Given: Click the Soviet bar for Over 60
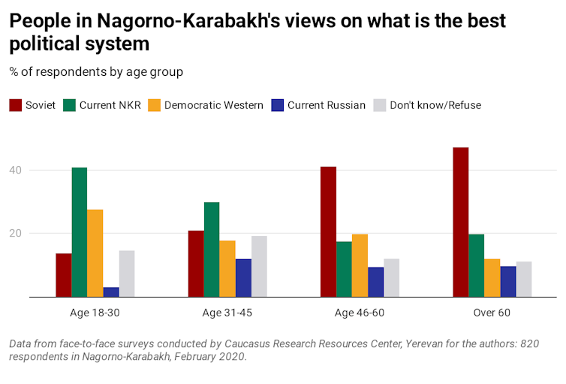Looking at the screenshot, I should (460, 222).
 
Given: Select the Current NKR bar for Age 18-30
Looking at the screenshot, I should (80, 232).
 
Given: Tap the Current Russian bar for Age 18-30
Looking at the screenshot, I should (111, 292).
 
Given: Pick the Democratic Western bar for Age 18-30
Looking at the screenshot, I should (95, 253).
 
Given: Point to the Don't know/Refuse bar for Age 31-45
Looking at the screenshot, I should (259, 267).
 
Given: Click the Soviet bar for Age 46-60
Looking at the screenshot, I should (328, 231).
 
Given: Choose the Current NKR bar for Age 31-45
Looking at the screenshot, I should (212, 249).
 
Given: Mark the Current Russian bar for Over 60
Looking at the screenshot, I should (508, 282).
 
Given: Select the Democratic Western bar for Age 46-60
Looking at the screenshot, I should (360, 265).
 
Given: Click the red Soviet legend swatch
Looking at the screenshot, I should (16, 105).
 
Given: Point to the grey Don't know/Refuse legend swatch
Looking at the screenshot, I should (378, 105).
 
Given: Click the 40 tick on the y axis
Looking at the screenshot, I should (35, 171).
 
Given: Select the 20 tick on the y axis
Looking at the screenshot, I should (35, 234).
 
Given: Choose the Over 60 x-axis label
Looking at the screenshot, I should (492, 313).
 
